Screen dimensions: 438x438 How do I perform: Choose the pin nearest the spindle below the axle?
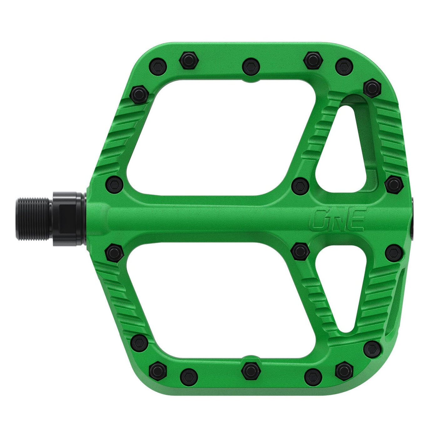pos(114,253)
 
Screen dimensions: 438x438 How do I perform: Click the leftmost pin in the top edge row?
pos(159,66)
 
